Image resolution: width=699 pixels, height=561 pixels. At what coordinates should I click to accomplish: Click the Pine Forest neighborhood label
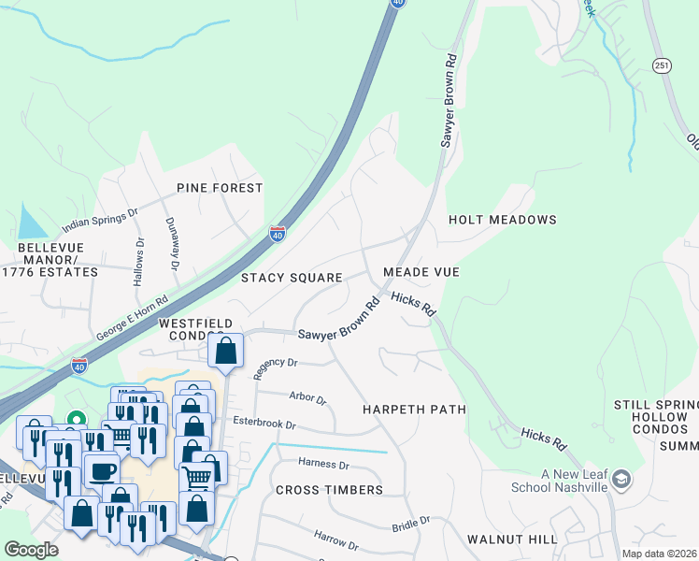(x=221, y=188)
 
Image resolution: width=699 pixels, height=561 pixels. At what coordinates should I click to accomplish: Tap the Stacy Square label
(x=292, y=278)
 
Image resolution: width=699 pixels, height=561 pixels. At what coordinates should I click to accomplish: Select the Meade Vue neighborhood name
(x=421, y=272)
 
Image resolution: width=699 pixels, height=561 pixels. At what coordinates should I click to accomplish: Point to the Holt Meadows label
(x=502, y=220)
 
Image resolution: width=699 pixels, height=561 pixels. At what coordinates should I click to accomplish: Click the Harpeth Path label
(x=414, y=410)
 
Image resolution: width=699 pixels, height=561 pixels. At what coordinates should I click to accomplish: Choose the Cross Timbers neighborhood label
(x=329, y=490)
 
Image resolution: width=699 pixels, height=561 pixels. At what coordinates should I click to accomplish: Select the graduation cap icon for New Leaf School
(x=621, y=481)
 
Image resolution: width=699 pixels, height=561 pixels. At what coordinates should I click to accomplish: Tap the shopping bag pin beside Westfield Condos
(x=226, y=352)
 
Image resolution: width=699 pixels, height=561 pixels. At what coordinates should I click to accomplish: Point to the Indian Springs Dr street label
(x=100, y=220)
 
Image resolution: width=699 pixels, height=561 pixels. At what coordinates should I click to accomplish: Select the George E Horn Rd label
(x=132, y=318)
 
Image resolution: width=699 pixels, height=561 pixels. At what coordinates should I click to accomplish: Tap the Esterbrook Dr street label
(x=264, y=424)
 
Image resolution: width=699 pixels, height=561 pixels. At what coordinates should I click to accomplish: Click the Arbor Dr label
(x=307, y=398)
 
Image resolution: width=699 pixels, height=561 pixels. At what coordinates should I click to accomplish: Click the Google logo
(x=31, y=549)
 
